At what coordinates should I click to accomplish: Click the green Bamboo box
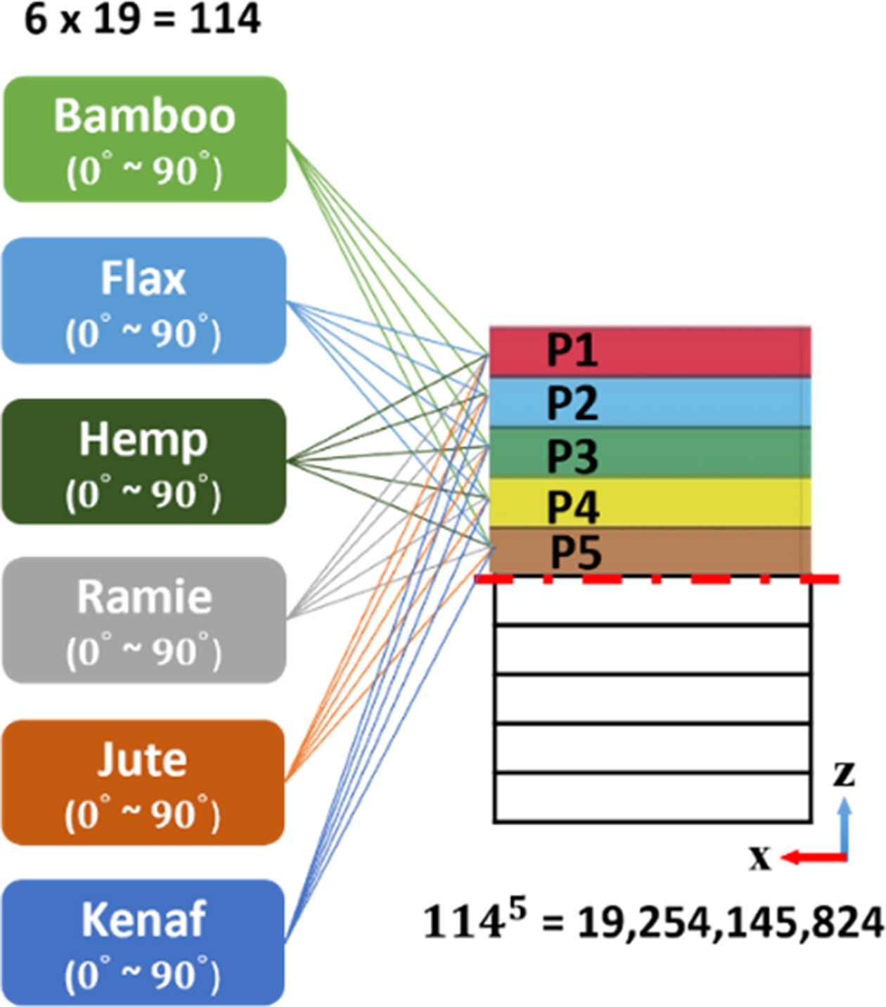(145, 139)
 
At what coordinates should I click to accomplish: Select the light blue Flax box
(144, 301)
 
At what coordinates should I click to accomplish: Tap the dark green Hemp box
(144, 461)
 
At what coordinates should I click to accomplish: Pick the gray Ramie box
(144, 620)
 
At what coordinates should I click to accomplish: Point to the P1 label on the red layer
(572, 349)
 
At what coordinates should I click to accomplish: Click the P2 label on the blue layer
(572, 403)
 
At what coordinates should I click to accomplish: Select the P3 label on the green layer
(572, 455)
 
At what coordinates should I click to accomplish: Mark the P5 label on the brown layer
(576, 552)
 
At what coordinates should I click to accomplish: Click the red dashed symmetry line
(657, 579)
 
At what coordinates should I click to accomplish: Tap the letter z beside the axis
(844, 773)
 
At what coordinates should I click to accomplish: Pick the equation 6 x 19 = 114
(143, 19)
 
